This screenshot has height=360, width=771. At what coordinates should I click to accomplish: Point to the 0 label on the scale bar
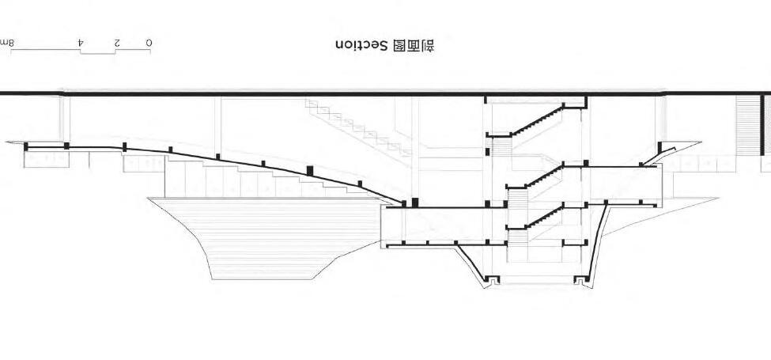(x=150, y=41)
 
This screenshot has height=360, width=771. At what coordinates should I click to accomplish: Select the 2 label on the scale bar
(x=117, y=41)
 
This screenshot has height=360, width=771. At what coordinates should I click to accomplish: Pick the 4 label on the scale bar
(x=81, y=41)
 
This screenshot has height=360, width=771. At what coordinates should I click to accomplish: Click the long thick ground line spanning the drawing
(x=316, y=94)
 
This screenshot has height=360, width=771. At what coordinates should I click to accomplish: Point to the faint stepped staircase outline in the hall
(x=356, y=127)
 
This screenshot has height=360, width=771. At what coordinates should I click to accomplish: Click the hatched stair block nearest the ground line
(x=499, y=147)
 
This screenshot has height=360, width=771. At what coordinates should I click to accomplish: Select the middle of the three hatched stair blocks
(x=516, y=199)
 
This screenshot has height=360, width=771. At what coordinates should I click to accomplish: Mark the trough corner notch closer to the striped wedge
(x=489, y=279)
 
